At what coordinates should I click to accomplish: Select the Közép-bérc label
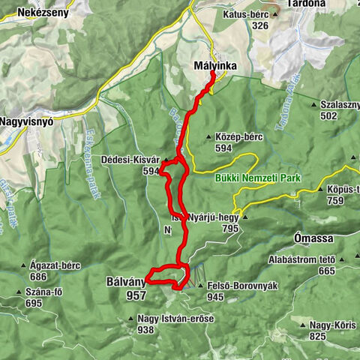tap(238, 137)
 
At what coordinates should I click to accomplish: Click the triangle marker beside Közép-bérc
tap(208, 137)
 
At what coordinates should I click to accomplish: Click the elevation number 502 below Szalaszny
tap(328, 116)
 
